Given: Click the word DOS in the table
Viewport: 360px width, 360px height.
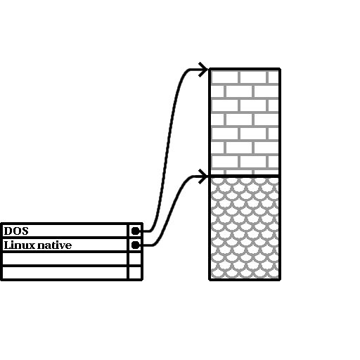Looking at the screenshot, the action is pos(16,231).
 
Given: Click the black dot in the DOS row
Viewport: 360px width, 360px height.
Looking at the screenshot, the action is pos(135,231).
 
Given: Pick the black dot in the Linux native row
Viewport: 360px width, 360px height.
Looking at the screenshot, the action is pos(135,245).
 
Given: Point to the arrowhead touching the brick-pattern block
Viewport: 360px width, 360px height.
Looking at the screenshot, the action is pos(203,70).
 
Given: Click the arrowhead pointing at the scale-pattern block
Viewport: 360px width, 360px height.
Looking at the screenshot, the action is pos(203,176).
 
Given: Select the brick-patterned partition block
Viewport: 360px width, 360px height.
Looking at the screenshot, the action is pos(245,122).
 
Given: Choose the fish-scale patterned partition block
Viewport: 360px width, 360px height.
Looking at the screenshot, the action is pos(245,228).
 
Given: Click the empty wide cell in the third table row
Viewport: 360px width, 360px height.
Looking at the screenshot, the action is pos(65,259).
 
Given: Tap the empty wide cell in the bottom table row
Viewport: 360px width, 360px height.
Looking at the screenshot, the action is pos(65,273).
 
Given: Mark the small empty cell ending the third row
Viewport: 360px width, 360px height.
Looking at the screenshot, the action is pos(135,259).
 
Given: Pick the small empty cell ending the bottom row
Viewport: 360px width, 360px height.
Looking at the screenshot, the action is pos(135,273).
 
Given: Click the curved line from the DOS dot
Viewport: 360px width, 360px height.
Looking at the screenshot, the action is pos(167,150).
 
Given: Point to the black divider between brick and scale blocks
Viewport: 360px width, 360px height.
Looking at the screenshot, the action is pos(245,176).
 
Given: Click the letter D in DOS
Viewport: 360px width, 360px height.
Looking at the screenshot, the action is pos(8,231).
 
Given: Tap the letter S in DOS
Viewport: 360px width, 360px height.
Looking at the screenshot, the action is pos(25,231).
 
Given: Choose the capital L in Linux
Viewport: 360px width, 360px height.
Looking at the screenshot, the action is pos(8,245).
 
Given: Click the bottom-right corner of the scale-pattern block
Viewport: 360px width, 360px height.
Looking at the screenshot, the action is pos(280,279).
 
